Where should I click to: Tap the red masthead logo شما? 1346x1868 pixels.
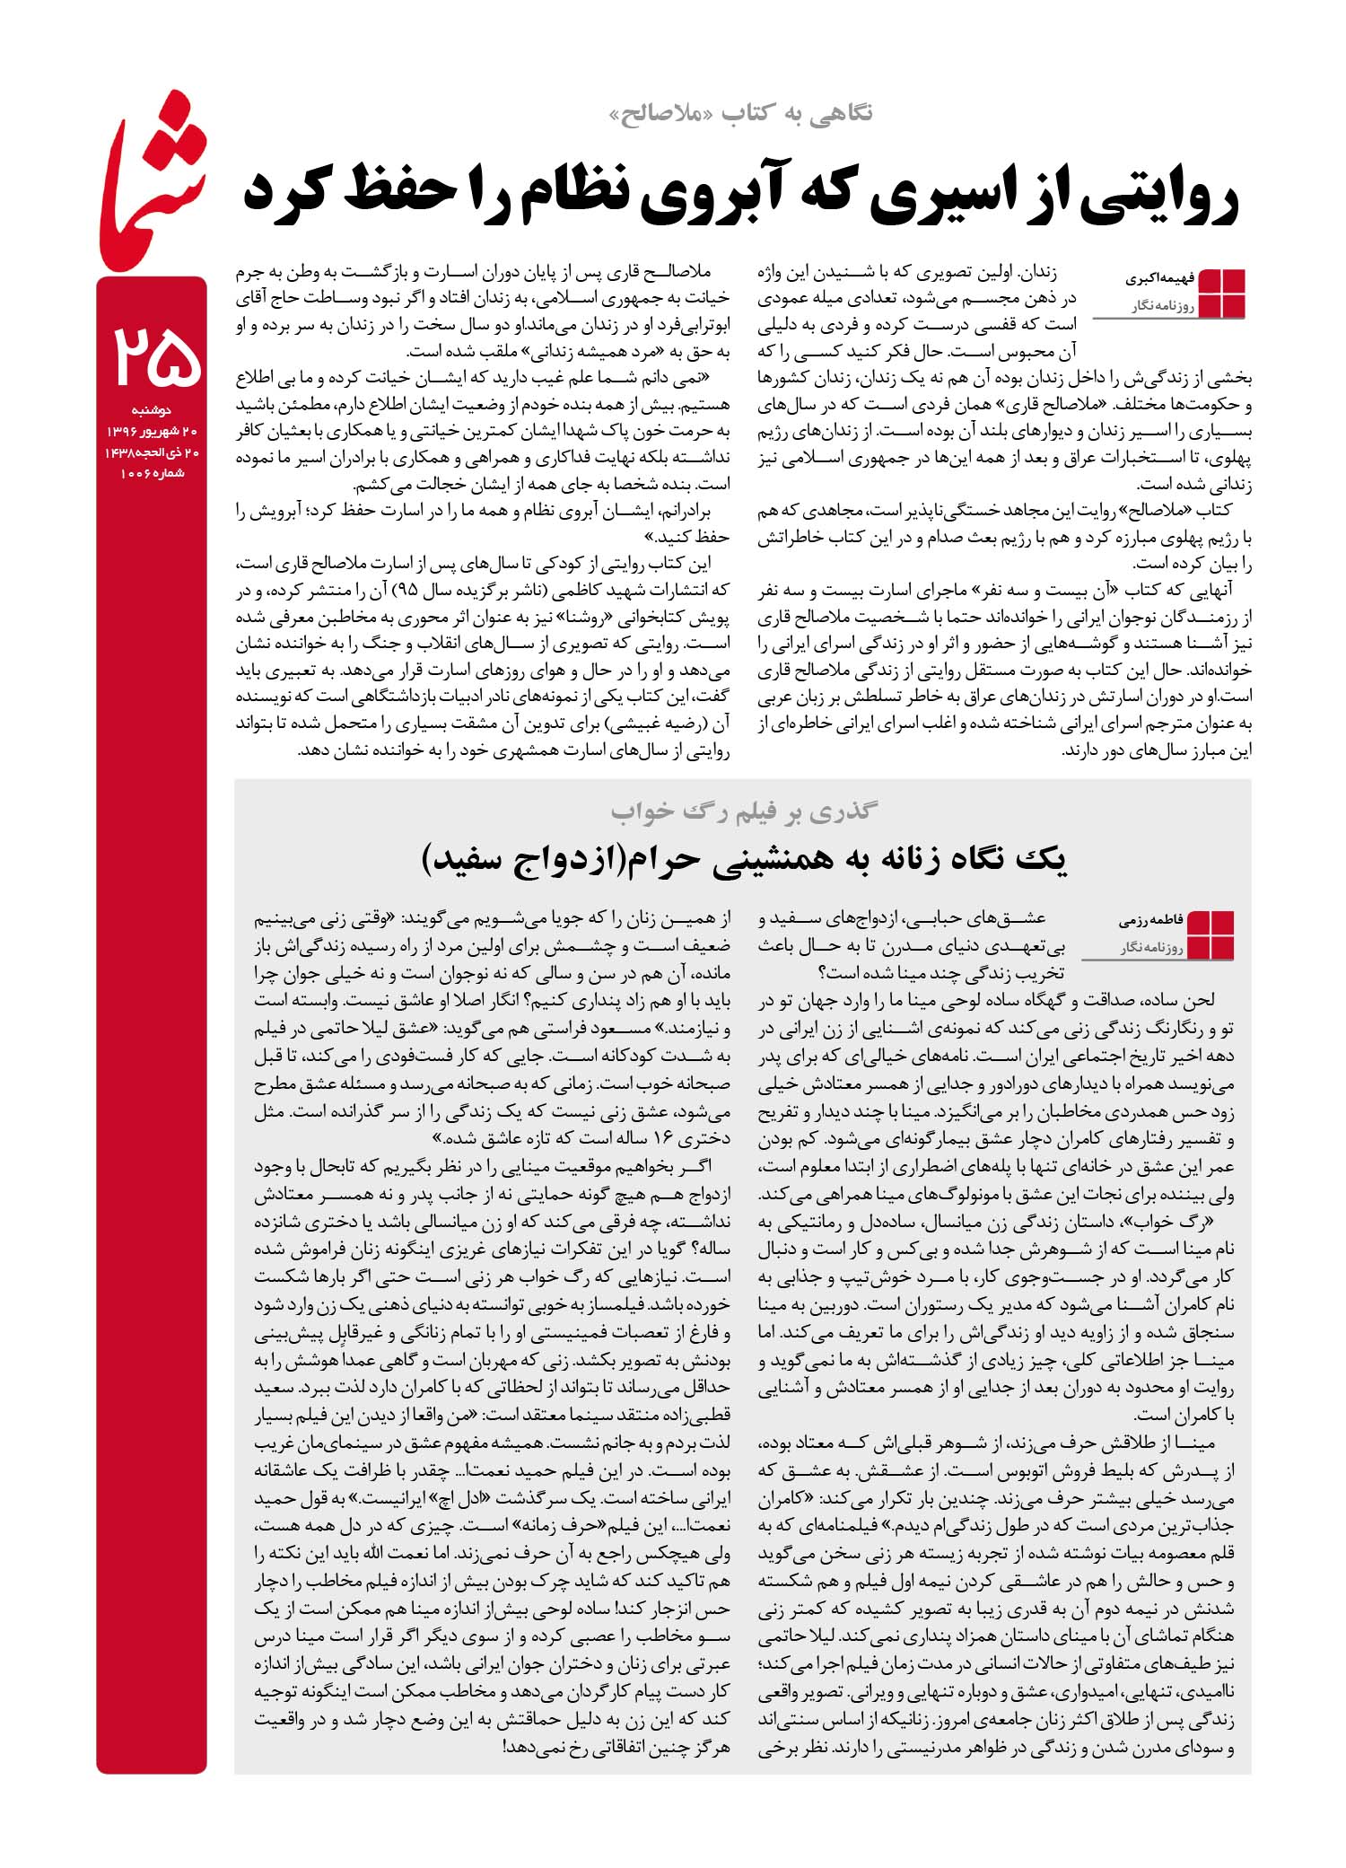(153, 193)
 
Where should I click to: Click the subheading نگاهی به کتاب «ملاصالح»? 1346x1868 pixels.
(740, 113)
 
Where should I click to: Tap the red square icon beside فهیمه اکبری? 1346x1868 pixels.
(1222, 292)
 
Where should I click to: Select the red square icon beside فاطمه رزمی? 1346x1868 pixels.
(1211, 934)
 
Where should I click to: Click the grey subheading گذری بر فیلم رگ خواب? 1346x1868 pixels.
(744, 811)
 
